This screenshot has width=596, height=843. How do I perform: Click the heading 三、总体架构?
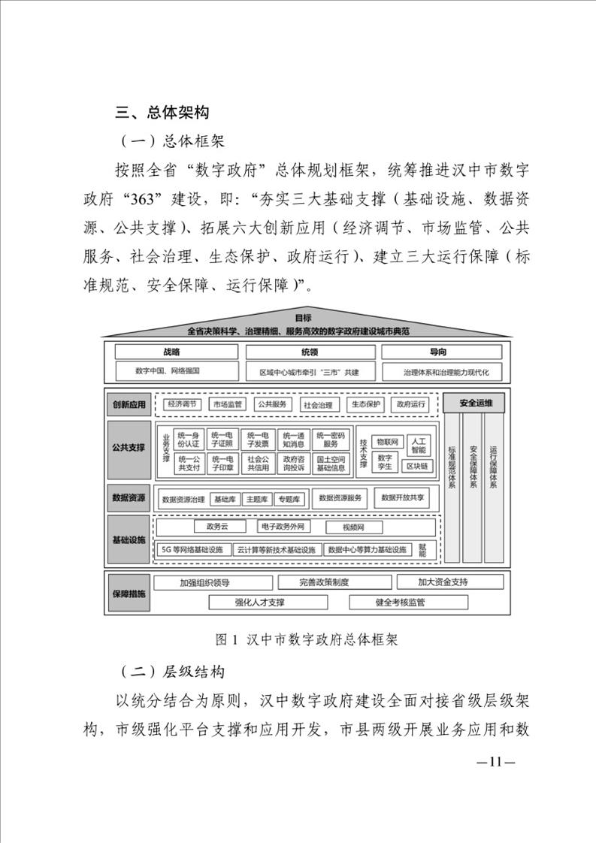[162, 112]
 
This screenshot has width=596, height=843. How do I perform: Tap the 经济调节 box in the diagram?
[182, 404]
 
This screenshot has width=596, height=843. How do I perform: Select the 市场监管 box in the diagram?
[227, 404]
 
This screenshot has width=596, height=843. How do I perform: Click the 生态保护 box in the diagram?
[366, 404]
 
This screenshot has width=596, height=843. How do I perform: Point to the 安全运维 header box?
[475, 403]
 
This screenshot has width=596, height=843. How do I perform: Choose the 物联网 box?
[387, 442]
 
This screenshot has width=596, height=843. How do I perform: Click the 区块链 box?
[417, 466]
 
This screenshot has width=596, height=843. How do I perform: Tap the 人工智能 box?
[419, 446]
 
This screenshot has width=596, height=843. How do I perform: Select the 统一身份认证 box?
[188, 440]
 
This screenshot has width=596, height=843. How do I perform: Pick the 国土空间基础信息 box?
[331, 464]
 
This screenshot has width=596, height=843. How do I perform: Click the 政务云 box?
[216, 527]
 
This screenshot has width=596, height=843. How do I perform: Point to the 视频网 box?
[353, 527]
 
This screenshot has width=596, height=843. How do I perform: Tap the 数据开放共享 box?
[402, 498]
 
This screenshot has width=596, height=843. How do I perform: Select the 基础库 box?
[225, 500]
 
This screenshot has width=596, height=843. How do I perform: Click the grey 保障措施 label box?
[129, 594]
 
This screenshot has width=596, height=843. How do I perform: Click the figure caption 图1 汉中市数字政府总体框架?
[306, 639]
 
